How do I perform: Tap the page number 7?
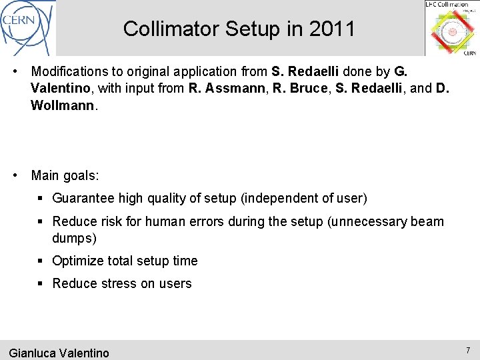pyautogui.click(x=468, y=351)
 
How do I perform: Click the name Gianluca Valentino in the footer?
pyautogui.click(x=59, y=353)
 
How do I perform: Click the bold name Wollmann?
pyautogui.click(x=63, y=105)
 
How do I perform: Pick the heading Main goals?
pyautogui.click(x=65, y=175)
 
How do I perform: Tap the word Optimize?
pyautogui.click(x=78, y=261)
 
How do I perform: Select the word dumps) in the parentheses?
pyautogui.click(x=74, y=238)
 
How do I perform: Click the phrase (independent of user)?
pyautogui.click(x=303, y=198)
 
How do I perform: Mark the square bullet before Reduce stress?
pyautogui.click(x=41, y=283)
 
